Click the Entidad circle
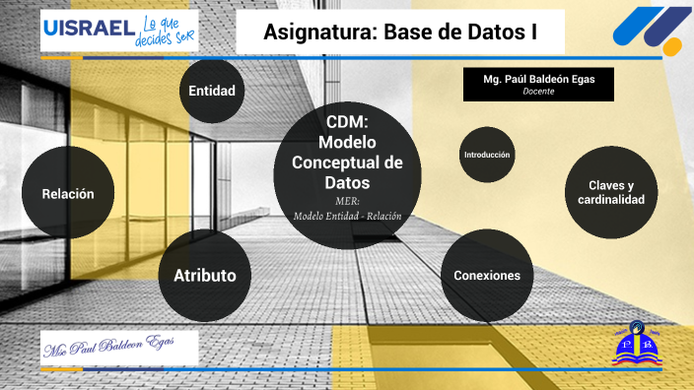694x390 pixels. [x=212, y=91]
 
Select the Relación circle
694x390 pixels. [x=68, y=194]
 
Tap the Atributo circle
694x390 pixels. [x=205, y=275]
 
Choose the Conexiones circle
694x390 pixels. [x=487, y=275]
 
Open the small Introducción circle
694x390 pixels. [x=487, y=155]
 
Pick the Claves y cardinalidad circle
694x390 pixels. [x=611, y=193]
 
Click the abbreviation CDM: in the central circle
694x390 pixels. [x=347, y=122]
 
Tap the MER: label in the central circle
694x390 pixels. [x=347, y=202]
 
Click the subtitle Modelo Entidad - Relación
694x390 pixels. [x=347, y=217]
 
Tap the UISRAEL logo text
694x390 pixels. [x=88, y=29]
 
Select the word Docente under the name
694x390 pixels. [x=538, y=92]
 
